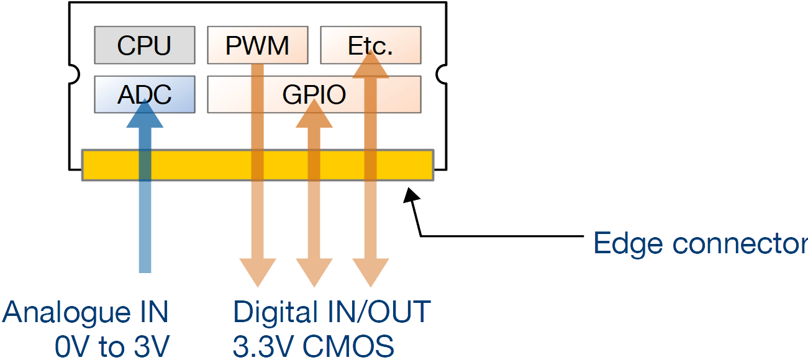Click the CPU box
[144, 45]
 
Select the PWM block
[257, 45]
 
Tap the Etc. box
[371, 45]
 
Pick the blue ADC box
[144, 94]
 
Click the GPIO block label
[314, 95]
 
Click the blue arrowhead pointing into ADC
[145, 114]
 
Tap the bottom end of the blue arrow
[145, 267]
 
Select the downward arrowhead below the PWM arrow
[257, 273]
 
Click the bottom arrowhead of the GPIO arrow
[314, 273]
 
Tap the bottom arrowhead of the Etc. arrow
[371, 273]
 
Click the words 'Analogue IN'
[86, 312]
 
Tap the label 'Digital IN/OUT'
[332, 312]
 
